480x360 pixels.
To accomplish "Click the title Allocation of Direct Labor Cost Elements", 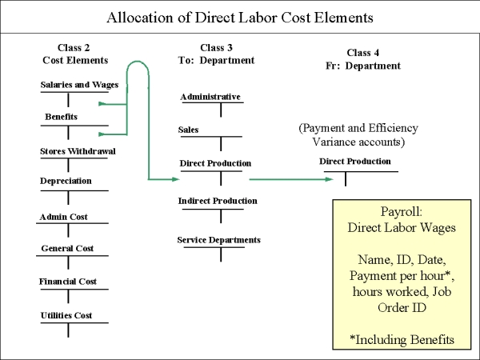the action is [x=240, y=18].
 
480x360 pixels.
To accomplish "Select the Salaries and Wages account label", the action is [x=79, y=85].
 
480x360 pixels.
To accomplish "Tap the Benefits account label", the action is [x=61, y=117].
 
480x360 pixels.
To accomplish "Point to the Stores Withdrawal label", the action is [x=78, y=151].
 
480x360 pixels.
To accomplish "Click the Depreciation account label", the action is [x=66, y=181].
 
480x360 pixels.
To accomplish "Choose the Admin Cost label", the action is [x=63, y=217].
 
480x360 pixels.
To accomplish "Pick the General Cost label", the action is [x=67, y=248].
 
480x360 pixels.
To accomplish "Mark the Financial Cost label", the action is [x=68, y=282].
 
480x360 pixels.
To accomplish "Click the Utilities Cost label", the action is [x=66, y=315].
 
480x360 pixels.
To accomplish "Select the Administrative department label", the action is [x=210, y=97].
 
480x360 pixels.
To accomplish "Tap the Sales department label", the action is [x=188, y=130].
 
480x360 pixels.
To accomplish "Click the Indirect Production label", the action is [x=218, y=201].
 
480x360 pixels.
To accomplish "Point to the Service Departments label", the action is [x=219, y=240].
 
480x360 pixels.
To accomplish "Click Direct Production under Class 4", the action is [x=354, y=162].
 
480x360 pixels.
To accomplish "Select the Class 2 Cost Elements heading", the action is [x=75, y=54].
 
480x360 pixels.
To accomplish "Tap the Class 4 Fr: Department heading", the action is [x=362, y=59].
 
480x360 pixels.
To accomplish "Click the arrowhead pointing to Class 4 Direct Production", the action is [x=330, y=179].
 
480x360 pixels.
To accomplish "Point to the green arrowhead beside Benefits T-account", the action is [x=102, y=134].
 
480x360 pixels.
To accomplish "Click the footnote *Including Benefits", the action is [x=402, y=339].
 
